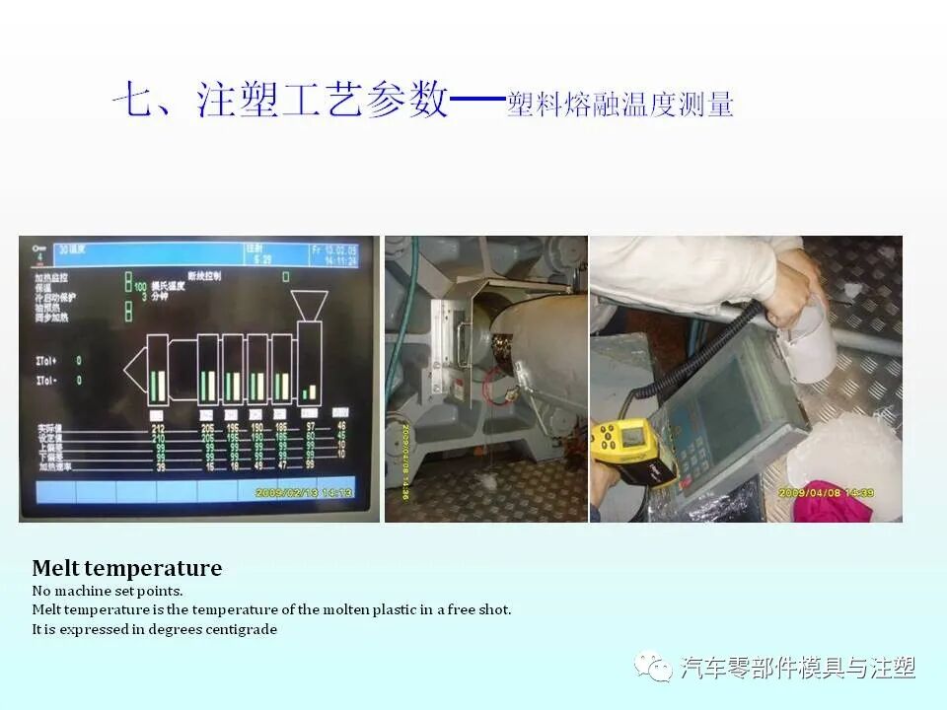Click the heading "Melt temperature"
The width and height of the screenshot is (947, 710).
click(x=126, y=568)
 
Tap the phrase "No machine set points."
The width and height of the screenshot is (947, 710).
click(x=108, y=591)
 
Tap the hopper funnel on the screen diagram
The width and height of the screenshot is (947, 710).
click(x=312, y=305)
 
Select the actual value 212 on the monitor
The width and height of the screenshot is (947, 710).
click(x=158, y=428)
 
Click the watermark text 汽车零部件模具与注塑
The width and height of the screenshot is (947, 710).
click(x=798, y=668)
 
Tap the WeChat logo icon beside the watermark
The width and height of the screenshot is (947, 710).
click(x=653, y=668)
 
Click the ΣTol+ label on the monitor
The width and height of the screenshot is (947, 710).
click(x=46, y=361)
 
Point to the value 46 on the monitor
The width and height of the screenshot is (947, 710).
click(x=341, y=425)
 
